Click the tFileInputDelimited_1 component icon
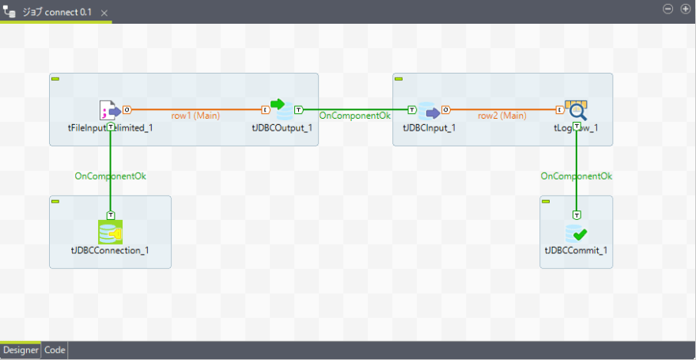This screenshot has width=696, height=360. pyautogui.click(x=109, y=111)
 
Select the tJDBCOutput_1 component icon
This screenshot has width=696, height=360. pyautogui.click(x=282, y=110)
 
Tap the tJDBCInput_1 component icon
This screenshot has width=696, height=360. pyautogui.click(x=429, y=111)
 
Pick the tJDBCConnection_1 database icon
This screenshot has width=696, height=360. pyautogui.click(x=110, y=232)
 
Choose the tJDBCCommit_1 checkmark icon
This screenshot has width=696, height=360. pyautogui.click(x=577, y=233)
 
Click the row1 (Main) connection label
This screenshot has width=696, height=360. pyautogui.click(x=195, y=116)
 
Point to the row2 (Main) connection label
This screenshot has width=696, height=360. pyautogui.click(x=501, y=116)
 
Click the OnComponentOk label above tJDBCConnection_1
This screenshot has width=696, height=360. pyautogui.click(x=110, y=176)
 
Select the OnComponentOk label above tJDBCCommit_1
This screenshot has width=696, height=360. pyautogui.click(x=577, y=176)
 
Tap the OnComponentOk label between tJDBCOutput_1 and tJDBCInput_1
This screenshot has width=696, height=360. pyautogui.click(x=354, y=116)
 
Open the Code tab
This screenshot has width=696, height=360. pyautogui.click(x=55, y=350)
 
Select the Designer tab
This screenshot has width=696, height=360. pyautogui.click(x=21, y=350)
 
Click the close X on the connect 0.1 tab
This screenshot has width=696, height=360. pyautogui.click(x=104, y=13)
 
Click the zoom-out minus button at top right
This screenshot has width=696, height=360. pyautogui.click(x=668, y=9)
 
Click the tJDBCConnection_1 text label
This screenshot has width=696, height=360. pyautogui.click(x=110, y=251)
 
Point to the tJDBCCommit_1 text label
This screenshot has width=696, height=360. pyautogui.click(x=577, y=251)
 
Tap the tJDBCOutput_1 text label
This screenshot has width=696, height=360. pyautogui.click(x=282, y=127)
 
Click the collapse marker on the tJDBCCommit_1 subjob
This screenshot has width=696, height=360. pyautogui.click(x=546, y=202)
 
